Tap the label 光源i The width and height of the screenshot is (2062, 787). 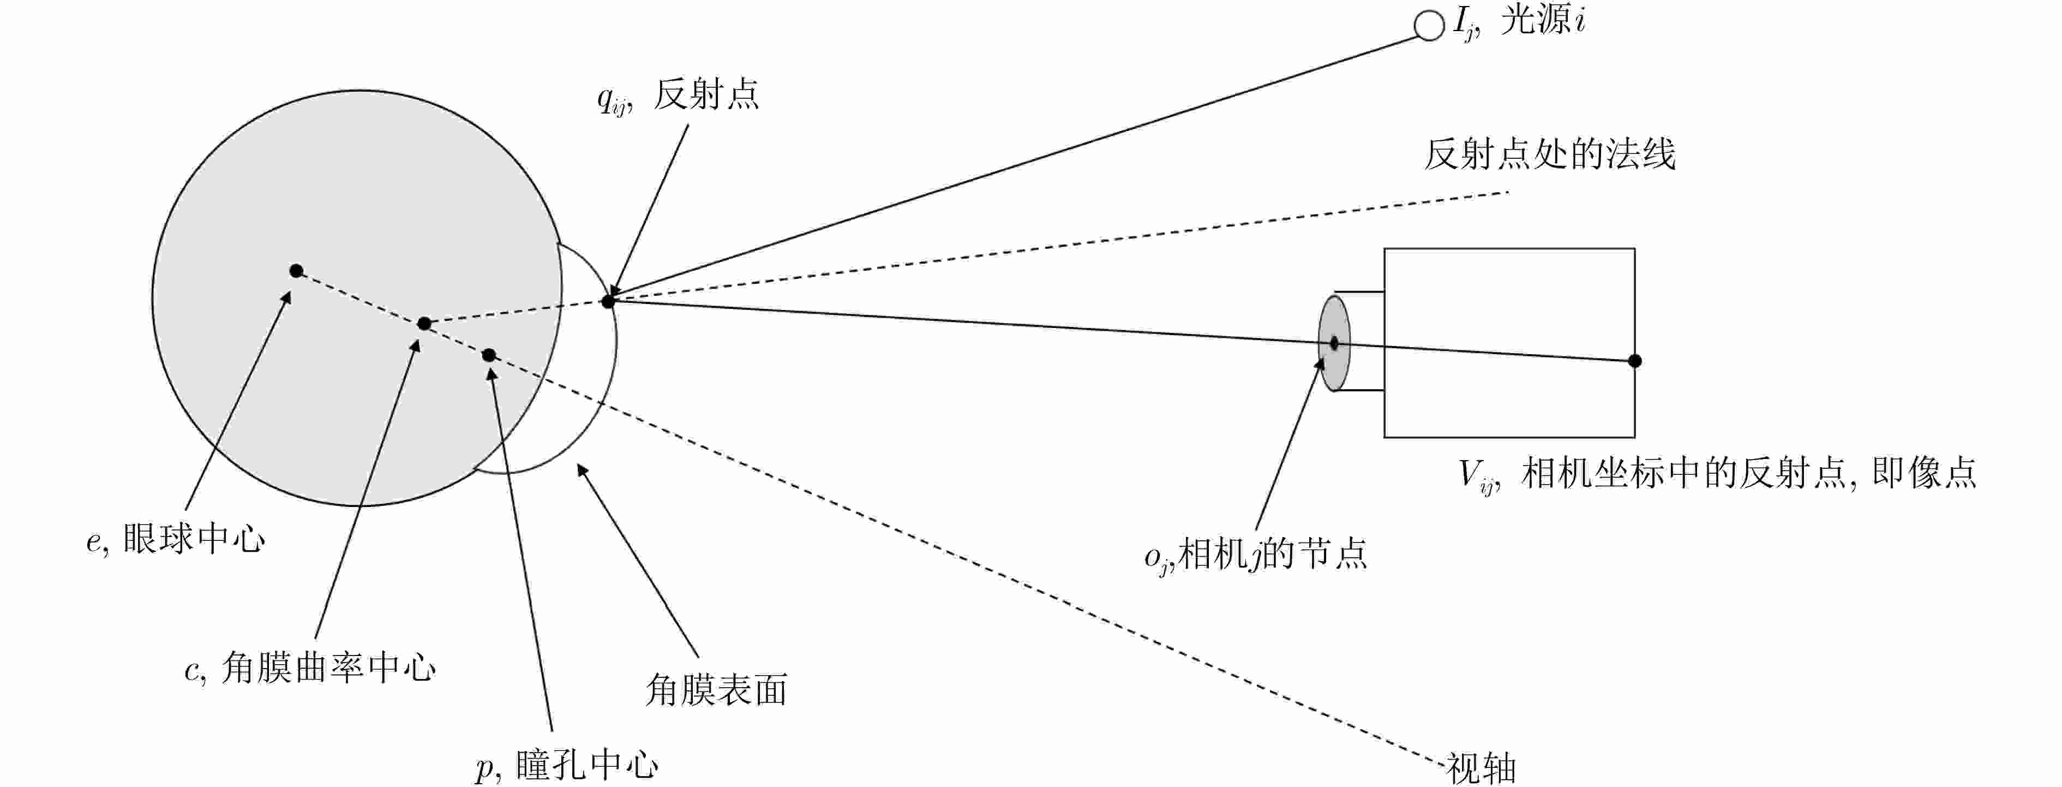(1542, 21)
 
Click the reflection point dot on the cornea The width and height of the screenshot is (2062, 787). (608, 301)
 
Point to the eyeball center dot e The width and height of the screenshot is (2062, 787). (296, 271)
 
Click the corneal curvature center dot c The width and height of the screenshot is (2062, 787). (424, 324)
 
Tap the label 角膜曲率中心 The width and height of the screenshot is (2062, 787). (328, 667)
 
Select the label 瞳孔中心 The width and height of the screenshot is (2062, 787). (587, 765)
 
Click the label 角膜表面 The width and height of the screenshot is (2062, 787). (716, 689)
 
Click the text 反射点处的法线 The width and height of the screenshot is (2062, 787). (1549, 154)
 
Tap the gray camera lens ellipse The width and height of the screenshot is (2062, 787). (1334, 343)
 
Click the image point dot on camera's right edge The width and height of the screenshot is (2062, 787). (1634, 361)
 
